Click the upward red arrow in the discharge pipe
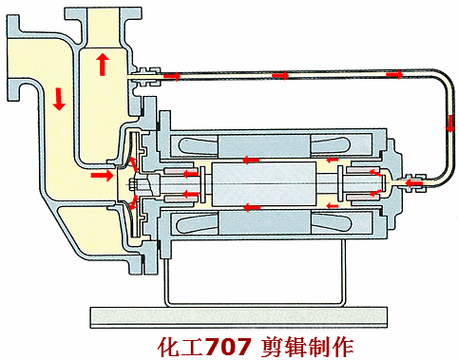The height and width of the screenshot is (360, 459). (103, 65)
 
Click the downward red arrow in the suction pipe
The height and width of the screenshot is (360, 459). (59, 100)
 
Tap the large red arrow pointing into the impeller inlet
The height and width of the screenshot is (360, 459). (102, 176)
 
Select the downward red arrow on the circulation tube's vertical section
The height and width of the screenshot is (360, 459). (449, 123)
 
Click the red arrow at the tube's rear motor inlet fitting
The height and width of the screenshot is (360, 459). (414, 183)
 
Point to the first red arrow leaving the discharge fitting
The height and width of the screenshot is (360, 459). (172, 76)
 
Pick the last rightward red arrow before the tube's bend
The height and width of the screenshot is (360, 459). (394, 74)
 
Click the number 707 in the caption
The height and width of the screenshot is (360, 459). (228, 347)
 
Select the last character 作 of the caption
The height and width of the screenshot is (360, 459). (343, 347)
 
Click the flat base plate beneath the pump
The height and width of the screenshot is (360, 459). (239, 317)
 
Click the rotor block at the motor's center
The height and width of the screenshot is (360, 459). (263, 184)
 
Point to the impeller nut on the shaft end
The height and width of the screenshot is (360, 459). (134, 183)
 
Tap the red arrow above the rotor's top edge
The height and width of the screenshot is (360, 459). (251, 161)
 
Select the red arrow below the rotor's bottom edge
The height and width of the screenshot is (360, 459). (252, 208)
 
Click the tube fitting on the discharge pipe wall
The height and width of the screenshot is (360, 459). (144, 76)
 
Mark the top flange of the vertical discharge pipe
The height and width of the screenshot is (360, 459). (103, 14)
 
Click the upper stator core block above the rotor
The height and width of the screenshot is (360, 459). (264, 145)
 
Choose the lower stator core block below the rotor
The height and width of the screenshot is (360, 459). (264, 223)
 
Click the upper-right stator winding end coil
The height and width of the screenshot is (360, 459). (332, 146)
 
